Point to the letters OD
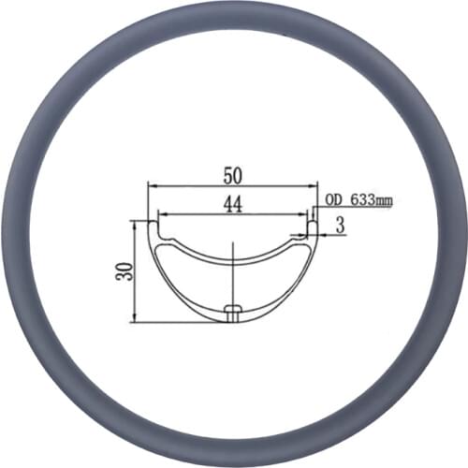point(333,199)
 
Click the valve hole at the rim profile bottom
point(233,310)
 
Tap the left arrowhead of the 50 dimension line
point(150,186)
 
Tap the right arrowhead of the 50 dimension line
point(315,186)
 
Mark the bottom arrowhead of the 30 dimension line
point(136,319)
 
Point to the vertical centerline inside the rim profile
point(231,271)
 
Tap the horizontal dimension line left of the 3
point(323,234)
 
